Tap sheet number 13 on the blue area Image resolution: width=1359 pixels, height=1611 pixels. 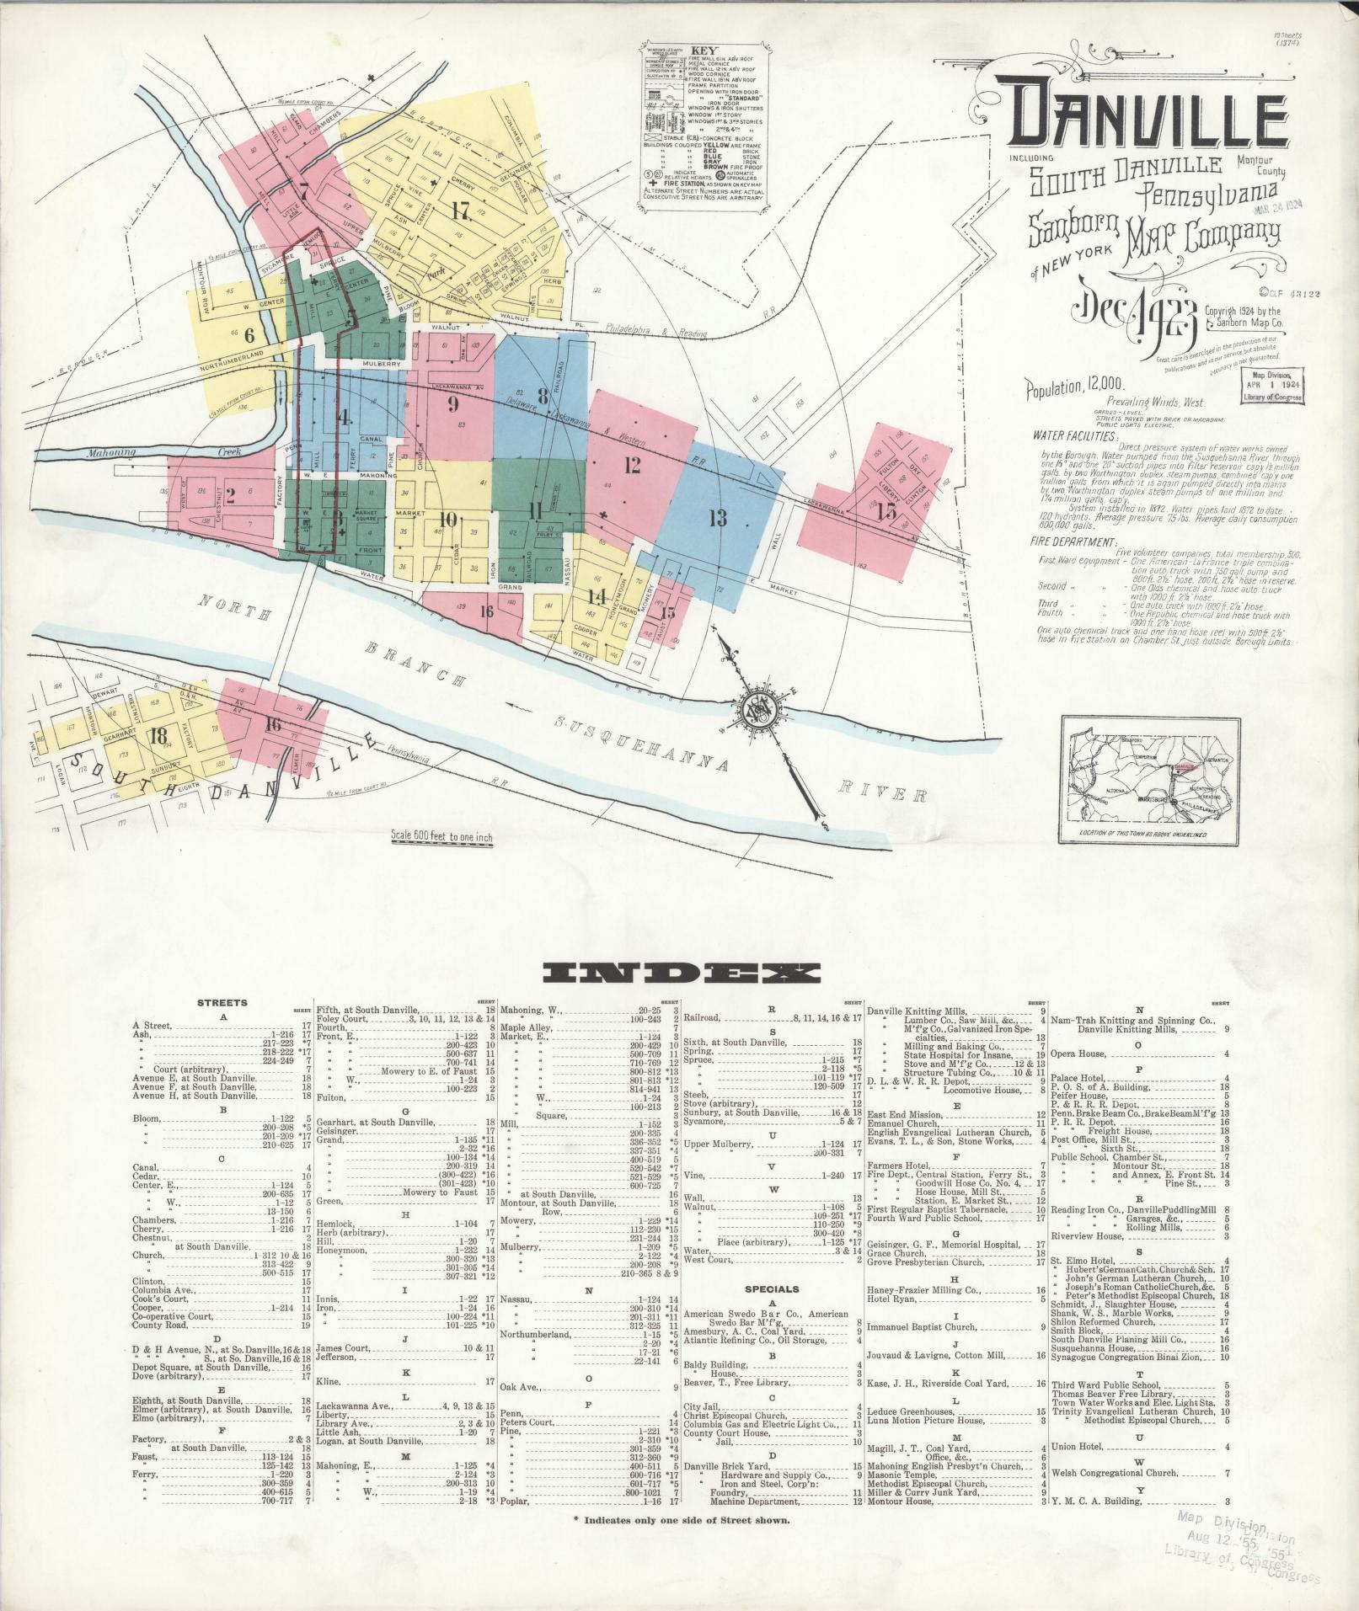pos(717,518)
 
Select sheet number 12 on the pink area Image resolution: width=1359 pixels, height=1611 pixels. pos(633,464)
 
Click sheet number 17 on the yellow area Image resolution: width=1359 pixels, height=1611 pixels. pos(459,211)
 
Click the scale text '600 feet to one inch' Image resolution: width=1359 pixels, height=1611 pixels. pos(441,837)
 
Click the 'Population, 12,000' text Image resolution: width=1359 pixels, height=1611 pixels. pos(1064,388)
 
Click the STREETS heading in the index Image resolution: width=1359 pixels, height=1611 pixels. pos(222,1003)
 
